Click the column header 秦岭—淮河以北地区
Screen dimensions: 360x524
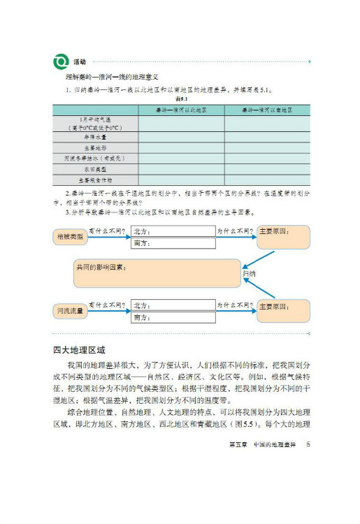[180, 110]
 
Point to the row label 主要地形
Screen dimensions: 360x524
[94, 148]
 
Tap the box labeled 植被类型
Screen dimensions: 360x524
[69, 237]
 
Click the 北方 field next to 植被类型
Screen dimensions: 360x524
[172, 231]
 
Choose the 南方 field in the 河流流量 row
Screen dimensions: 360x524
[172, 317]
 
